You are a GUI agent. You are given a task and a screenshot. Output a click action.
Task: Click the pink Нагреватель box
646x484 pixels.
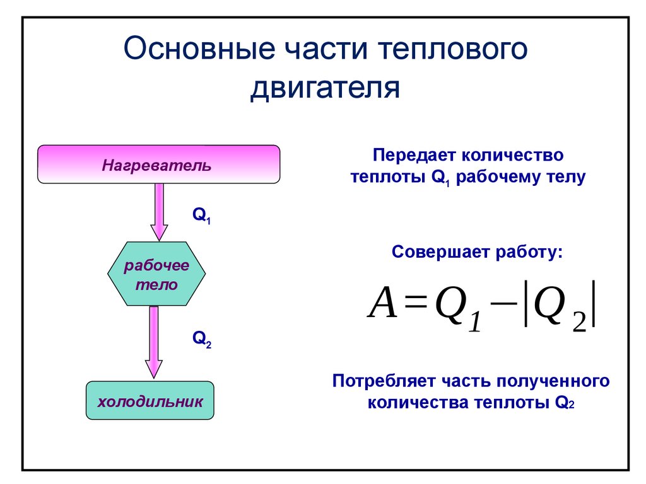[x=158, y=164]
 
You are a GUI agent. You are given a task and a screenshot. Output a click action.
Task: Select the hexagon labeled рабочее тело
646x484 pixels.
[x=156, y=274]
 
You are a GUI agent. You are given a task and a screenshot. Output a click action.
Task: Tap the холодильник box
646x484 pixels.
[x=150, y=401]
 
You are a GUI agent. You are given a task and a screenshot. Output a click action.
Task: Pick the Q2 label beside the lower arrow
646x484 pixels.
[x=201, y=340]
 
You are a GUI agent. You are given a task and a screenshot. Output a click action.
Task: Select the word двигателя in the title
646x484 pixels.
[x=325, y=88]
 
